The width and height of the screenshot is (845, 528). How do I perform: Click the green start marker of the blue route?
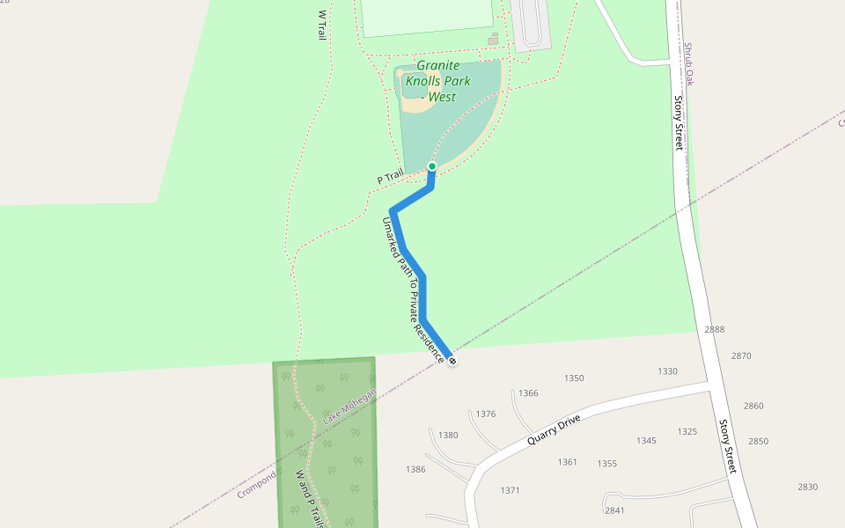tap(432, 166)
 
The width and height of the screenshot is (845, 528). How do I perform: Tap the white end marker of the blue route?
tap(452, 361)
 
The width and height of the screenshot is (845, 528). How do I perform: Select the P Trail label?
tap(390, 177)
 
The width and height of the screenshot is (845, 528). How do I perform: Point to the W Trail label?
tap(321, 25)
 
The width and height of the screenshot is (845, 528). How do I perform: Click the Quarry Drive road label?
tap(557, 426)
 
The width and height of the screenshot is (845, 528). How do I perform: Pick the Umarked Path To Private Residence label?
tap(412, 290)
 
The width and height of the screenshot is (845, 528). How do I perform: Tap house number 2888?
tap(715, 330)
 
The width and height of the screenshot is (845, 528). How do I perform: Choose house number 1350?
tap(574, 378)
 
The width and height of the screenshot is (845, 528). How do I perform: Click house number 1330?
tap(668, 371)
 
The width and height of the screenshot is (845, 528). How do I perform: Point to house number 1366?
tap(529, 393)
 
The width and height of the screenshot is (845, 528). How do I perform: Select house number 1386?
tap(415, 470)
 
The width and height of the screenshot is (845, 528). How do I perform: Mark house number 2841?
tap(614, 510)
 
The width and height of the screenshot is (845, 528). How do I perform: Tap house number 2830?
tap(808, 487)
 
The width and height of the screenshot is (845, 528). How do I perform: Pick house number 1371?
tap(510, 490)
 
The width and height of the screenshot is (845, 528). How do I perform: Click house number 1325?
tap(687, 431)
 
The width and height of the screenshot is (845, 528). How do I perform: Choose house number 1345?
tap(646, 440)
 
